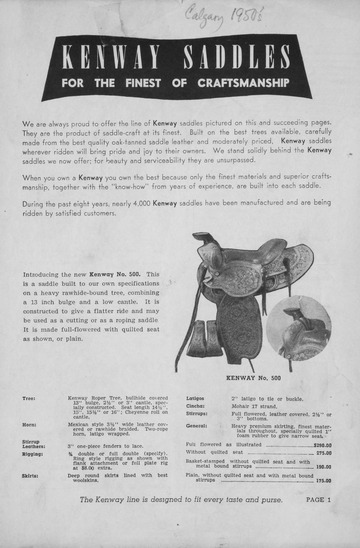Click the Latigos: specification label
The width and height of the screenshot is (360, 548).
coord(197,398)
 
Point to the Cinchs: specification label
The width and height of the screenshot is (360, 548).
coord(196,407)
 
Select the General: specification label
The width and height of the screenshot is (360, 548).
coord(198,427)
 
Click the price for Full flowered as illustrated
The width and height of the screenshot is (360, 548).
coord(322,445)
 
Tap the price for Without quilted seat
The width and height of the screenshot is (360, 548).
coord(323,453)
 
